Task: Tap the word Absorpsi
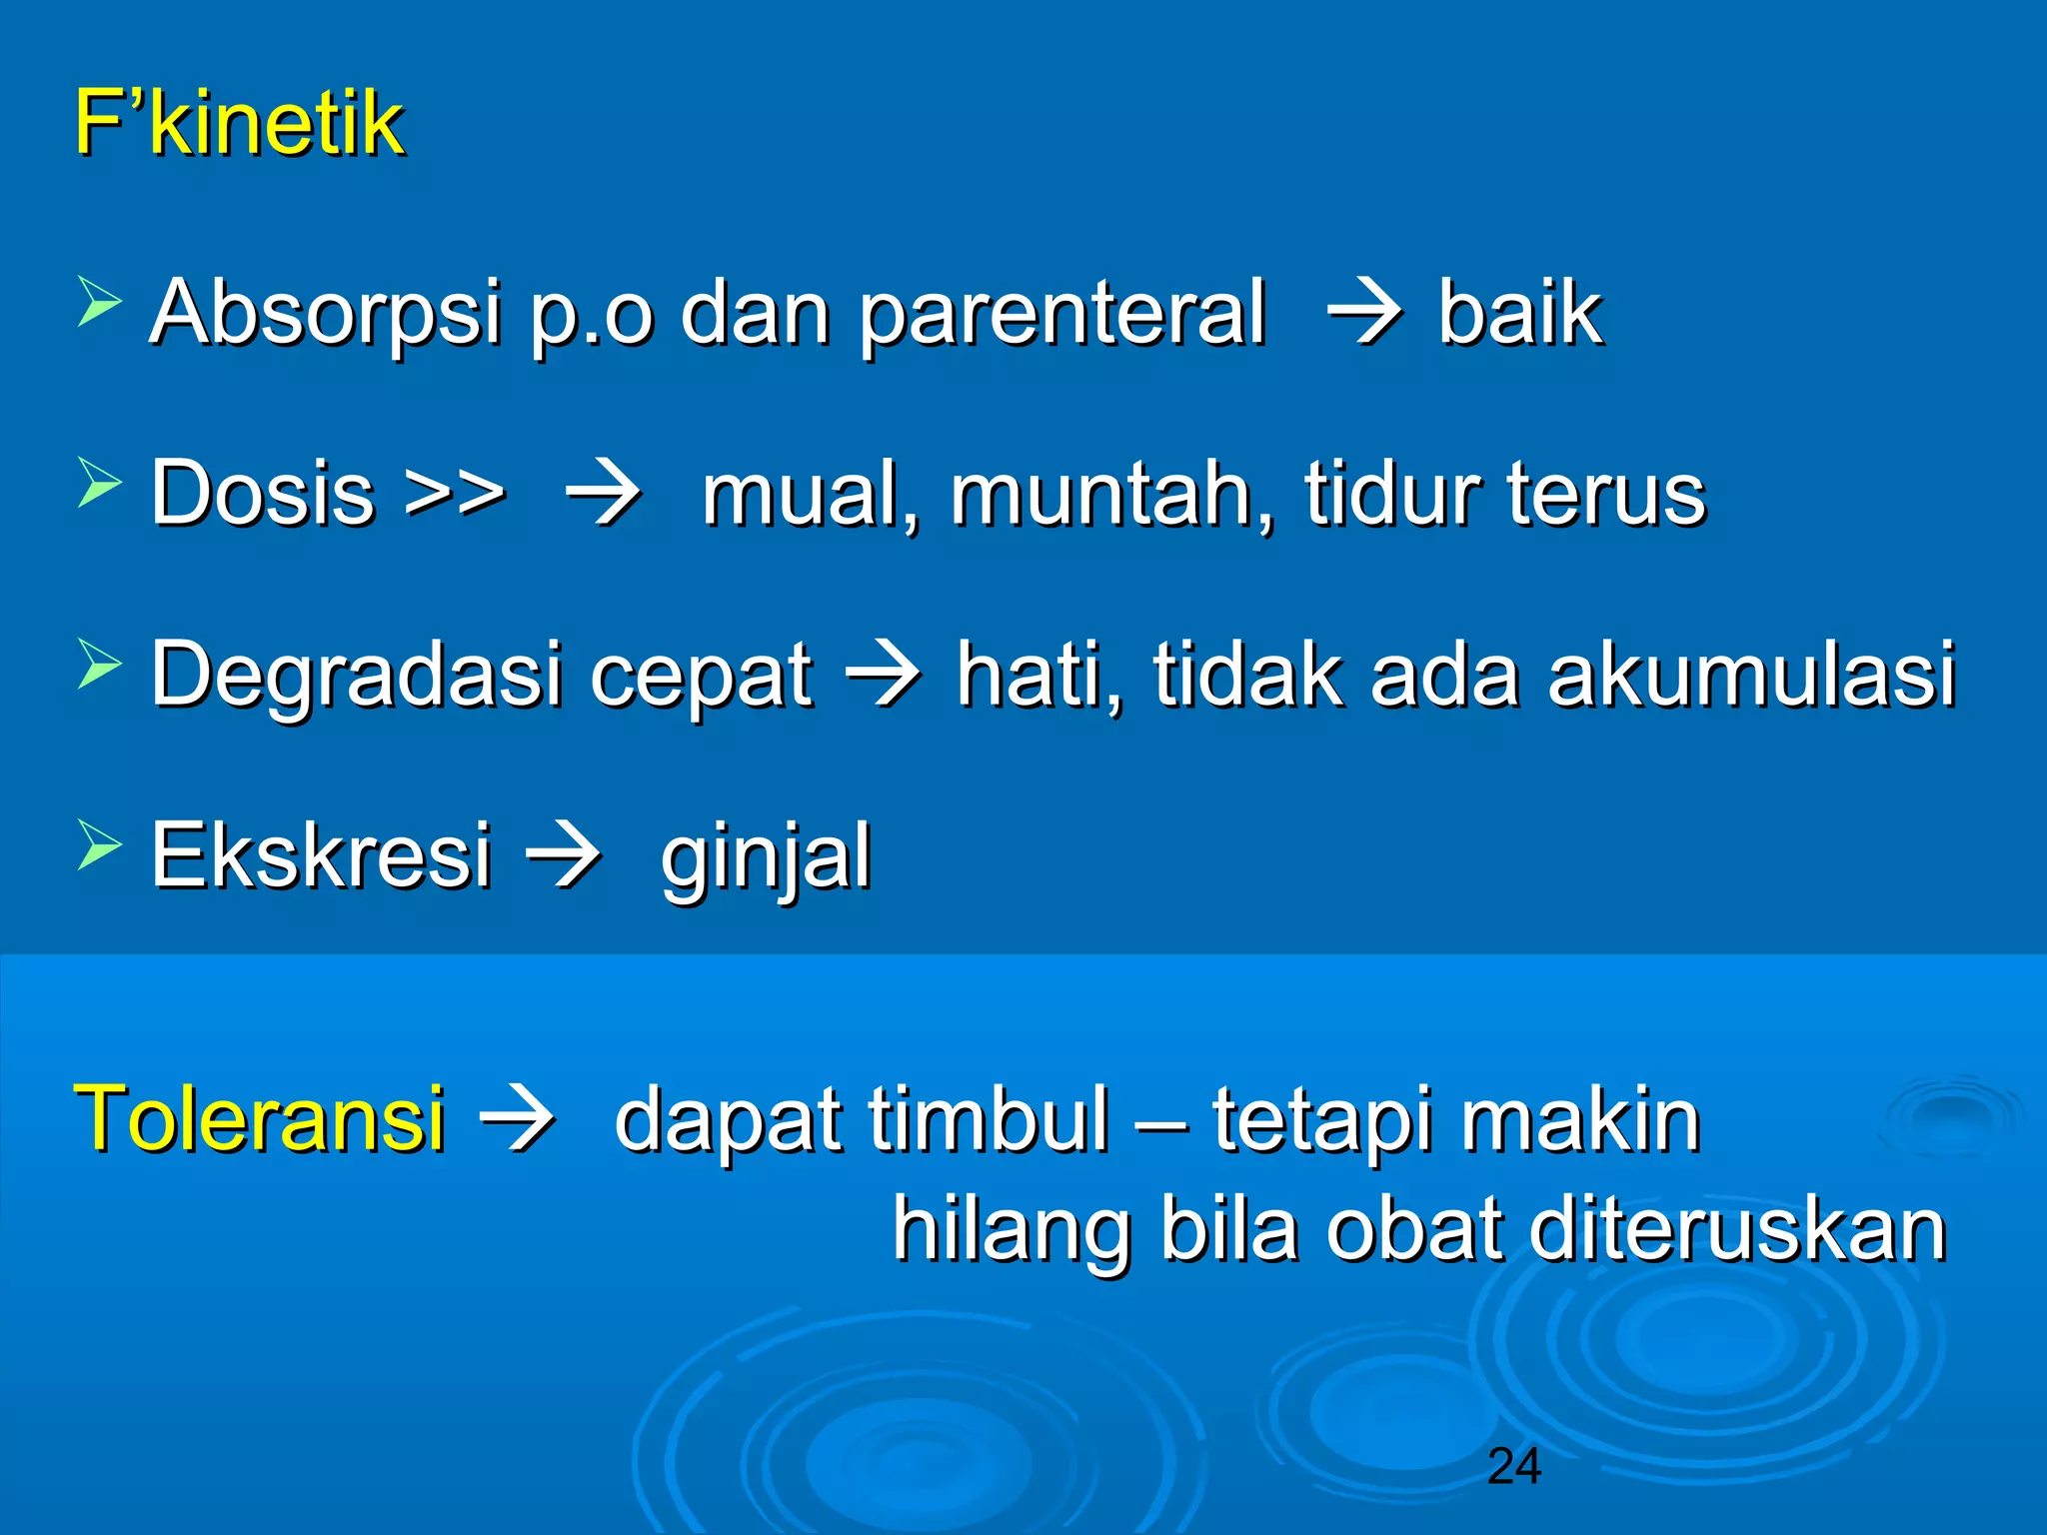[325, 312]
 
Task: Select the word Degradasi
[357, 676]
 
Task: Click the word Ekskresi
[321, 855]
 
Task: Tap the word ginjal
[766, 857]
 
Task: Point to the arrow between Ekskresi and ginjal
[563, 855]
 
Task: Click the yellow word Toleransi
[260, 1118]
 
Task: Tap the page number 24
[1513, 1467]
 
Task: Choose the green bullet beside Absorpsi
[99, 304]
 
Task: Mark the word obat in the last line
[1415, 1230]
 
